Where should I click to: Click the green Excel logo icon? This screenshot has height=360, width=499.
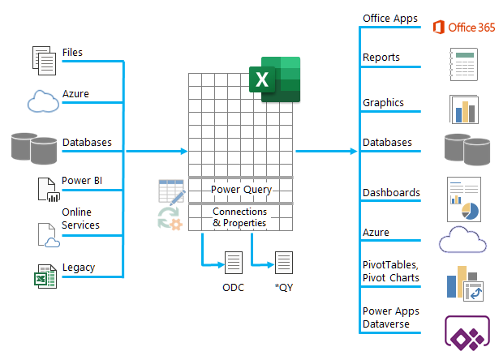pos(274,79)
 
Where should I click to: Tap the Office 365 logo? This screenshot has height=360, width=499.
pos(464,28)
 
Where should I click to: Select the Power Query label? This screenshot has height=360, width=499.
pos(241,190)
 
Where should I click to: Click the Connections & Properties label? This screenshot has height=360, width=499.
pos(239,217)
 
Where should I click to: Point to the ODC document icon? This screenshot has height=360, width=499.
pos(234,263)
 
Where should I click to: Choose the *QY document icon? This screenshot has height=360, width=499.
pos(284,263)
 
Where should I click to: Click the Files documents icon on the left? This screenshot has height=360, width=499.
pos(45,61)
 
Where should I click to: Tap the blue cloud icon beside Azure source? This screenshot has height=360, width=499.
pos(43,101)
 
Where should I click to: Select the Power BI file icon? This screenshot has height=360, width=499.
pos(49,190)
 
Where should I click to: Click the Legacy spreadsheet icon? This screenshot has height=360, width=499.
pos(45,276)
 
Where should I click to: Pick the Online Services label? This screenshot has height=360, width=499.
pos(80,218)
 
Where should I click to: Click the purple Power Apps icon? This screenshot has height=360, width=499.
pos(467,332)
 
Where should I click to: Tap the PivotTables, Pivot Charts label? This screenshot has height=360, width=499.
pos(391,272)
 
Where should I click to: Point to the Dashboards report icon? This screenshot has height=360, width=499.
pos(464,199)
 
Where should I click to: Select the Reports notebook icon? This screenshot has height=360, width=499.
pos(463,65)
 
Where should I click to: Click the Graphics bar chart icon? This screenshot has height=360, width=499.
pos(464,109)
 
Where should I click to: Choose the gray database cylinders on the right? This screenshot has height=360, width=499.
pos(467,149)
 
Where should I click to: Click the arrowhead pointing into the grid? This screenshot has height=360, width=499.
pos(184,152)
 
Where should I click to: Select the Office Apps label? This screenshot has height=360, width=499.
pos(390,19)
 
